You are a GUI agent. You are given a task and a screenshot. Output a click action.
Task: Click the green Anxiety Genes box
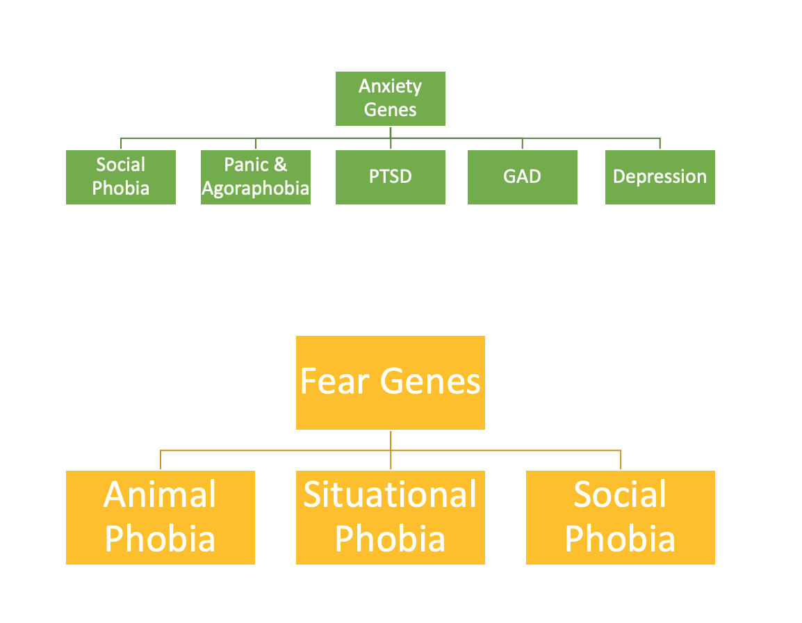point(391,99)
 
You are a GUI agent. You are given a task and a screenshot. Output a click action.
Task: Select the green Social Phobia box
point(121,177)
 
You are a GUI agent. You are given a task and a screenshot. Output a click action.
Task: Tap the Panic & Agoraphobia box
point(256,177)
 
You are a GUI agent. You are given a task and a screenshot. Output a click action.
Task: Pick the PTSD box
point(391,177)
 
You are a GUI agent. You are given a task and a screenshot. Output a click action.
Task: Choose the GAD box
point(522,177)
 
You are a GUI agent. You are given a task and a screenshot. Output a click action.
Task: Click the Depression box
point(660,177)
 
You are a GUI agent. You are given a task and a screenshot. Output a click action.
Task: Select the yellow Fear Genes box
point(391,383)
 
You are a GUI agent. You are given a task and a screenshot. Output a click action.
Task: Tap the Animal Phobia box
point(161,517)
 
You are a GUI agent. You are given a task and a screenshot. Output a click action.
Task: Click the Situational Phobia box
point(391,517)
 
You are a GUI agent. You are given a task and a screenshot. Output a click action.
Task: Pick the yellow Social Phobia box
point(621,517)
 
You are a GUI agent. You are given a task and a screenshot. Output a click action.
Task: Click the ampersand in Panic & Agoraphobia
point(280,165)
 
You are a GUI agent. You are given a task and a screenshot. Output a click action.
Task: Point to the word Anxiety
point(391,86)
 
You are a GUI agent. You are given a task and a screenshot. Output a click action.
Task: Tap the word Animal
point(160,495)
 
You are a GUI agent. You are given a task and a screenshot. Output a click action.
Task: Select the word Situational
point(391,495)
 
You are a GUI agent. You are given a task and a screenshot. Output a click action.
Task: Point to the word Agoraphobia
point(256,189)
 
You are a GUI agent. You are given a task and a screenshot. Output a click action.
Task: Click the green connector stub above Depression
point(660,144)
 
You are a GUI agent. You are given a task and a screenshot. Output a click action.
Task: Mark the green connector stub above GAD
point(522,144)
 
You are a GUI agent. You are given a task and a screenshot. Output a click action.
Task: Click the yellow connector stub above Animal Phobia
point(161,460)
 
